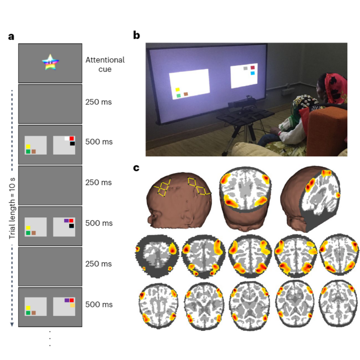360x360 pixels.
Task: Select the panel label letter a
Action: (x=11, y=36)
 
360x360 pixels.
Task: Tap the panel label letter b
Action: (x=136, y=35)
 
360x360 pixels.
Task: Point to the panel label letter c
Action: (x=136, y=168)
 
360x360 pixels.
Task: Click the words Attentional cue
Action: (x=105, y=64)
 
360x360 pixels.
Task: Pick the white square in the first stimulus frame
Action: (x=67, y=138)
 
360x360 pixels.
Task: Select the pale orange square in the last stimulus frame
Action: (x=72, y=306)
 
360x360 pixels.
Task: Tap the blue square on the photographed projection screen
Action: (x=253, y=73)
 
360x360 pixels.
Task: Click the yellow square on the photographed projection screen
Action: (x=178, y=89)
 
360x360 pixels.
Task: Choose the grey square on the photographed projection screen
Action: (x=246, y=68)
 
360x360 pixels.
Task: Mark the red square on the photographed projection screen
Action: (x=253, y=67)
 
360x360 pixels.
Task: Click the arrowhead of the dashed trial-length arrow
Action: (x=12, y=324)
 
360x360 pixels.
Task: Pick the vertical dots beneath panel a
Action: (x=50, y=338)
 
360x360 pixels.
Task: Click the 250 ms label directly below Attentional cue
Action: (x=98, y=102)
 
